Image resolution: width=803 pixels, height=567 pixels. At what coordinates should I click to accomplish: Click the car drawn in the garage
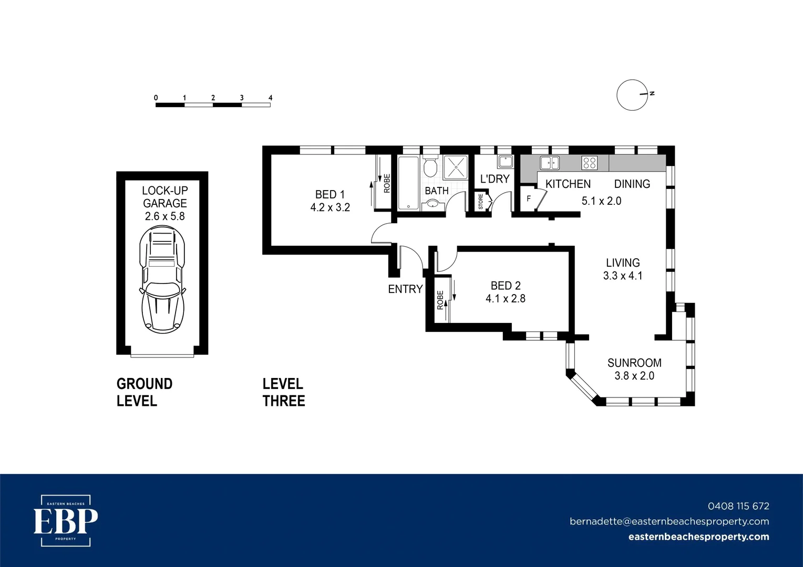[162, 279]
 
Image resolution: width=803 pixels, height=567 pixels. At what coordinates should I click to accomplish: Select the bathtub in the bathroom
[408, 183]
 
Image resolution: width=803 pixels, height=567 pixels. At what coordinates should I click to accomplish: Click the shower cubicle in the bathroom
[455, 167]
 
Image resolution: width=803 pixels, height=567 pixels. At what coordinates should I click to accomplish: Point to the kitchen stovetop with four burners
[589, 163]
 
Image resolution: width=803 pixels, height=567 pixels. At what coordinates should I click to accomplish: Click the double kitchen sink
[550, 163]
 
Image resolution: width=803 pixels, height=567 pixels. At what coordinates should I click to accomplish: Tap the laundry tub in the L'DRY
[505, 161]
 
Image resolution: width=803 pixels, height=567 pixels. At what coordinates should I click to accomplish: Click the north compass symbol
[633, 95]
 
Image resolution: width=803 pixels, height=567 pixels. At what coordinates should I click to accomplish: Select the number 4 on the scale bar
[270, 98]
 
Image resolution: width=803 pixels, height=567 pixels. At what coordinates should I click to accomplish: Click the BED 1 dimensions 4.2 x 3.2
[330, 207]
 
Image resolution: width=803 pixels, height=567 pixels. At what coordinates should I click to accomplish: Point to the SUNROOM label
[634, 363]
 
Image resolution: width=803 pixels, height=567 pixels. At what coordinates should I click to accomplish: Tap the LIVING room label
[623, 262]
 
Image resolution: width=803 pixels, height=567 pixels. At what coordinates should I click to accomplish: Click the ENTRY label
[405, 289]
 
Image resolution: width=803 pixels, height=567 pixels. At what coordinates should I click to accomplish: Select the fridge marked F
[529, 199]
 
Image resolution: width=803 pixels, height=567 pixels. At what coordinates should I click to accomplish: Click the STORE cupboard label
[480, 202]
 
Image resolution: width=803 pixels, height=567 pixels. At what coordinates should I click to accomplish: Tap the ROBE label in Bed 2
[440, 300]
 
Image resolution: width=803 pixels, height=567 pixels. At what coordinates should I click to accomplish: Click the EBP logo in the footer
[66, 521]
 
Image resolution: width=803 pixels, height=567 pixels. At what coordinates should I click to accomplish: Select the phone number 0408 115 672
[738, 506]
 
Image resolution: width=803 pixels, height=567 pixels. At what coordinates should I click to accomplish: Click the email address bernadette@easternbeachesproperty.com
[669, 521]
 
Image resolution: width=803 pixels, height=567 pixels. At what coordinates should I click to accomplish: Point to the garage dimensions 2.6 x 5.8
[164, 216]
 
